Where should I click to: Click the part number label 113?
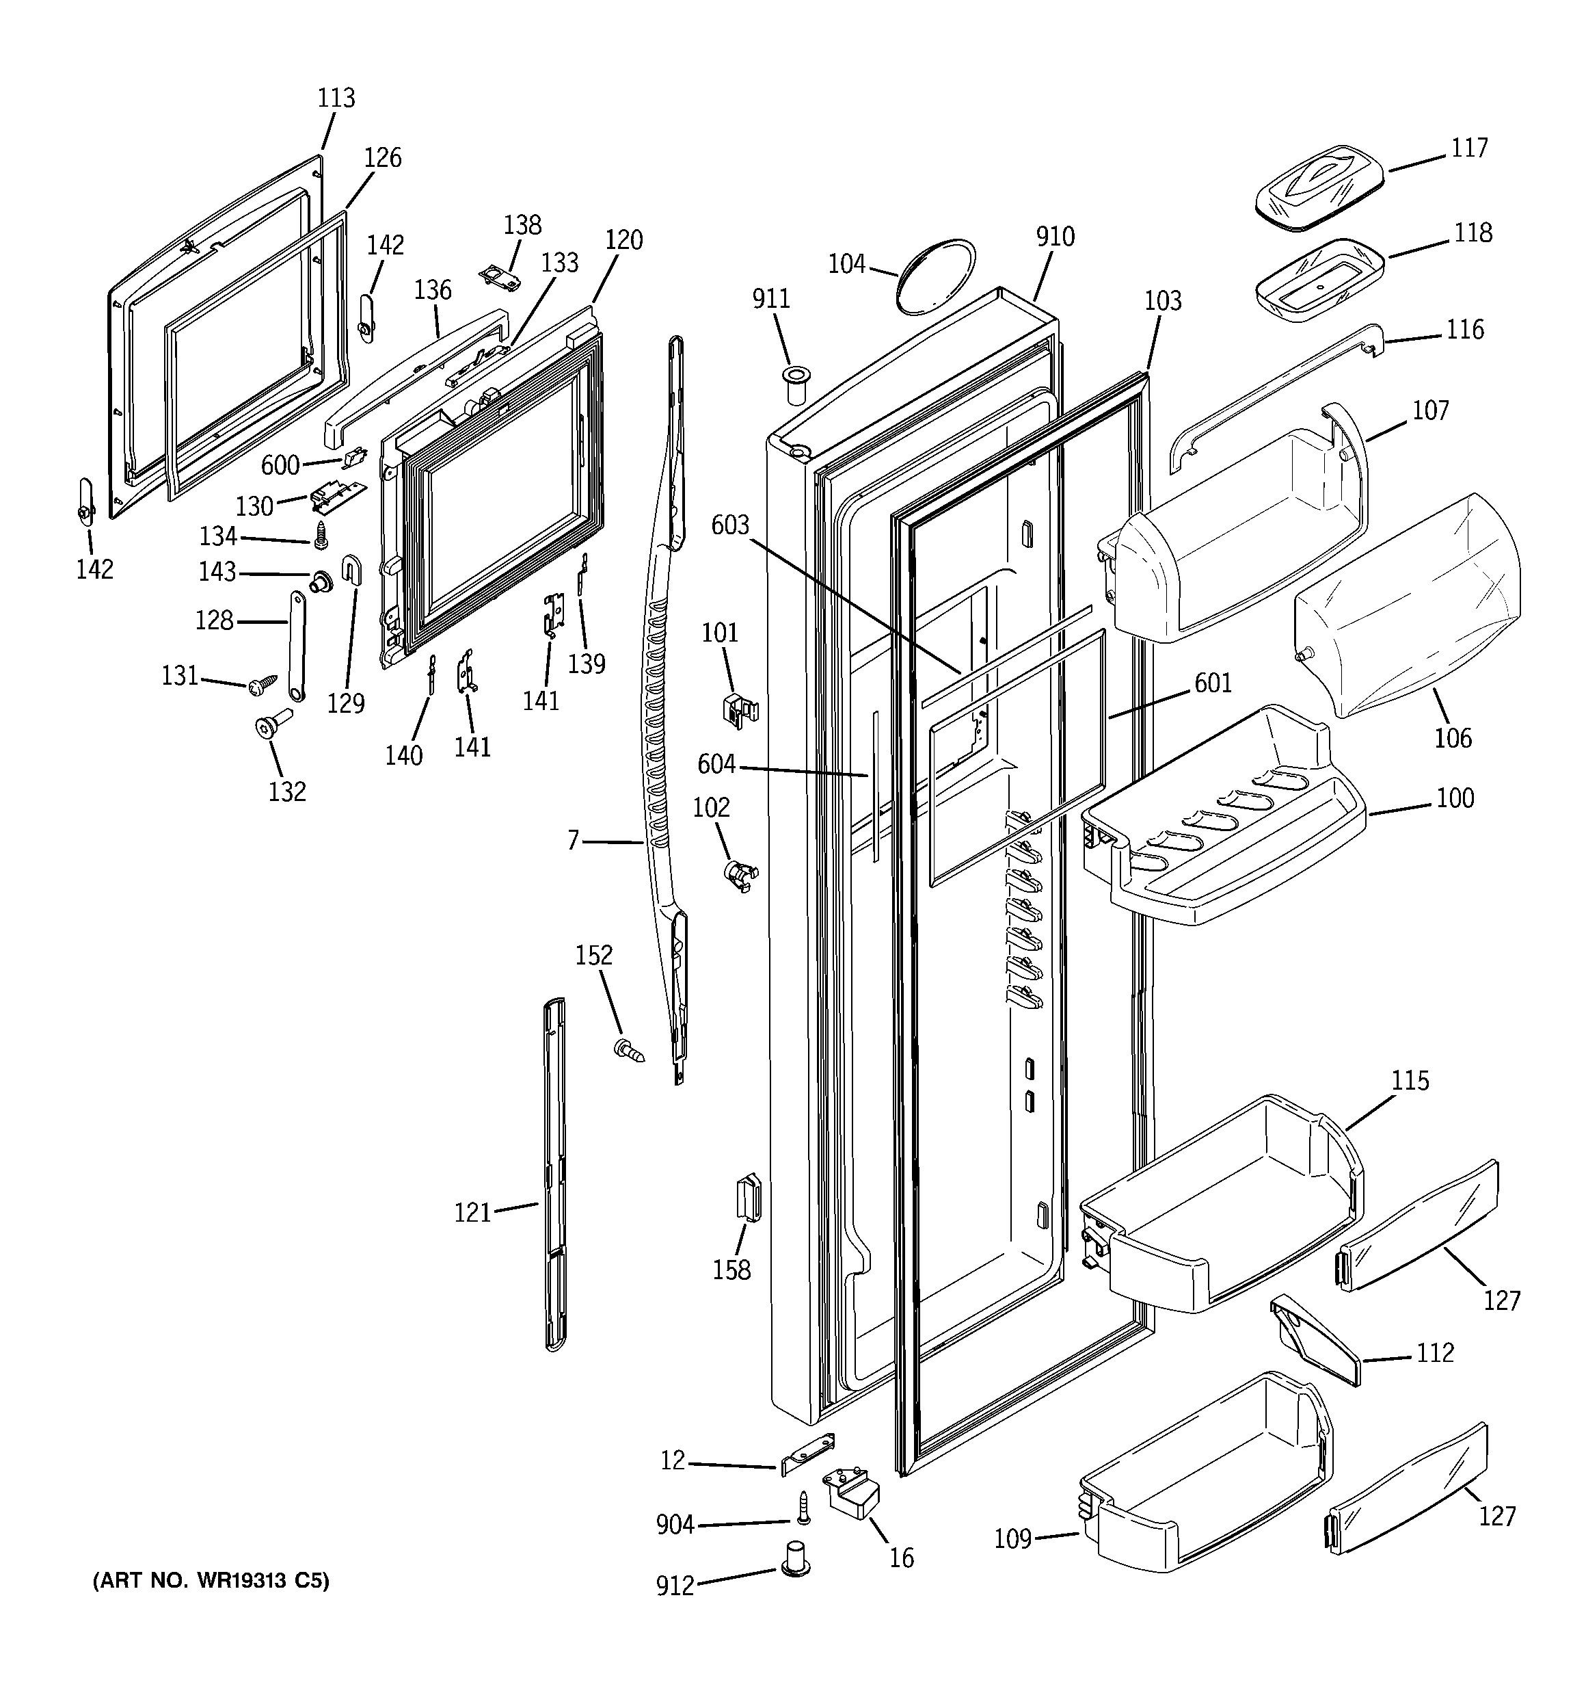pyautogui.click(x=336, y=98)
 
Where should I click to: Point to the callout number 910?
pyautogui.click(x=1055, y=237)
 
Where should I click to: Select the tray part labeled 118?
pyautogui.click(x=1319, y=278)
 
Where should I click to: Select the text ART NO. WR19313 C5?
pyautogui.click(x=211, y=1581)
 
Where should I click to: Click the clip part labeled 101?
pyautogui.click(x=737, y=709)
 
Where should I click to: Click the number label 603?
pyautogui.click(x=730, y=525)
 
